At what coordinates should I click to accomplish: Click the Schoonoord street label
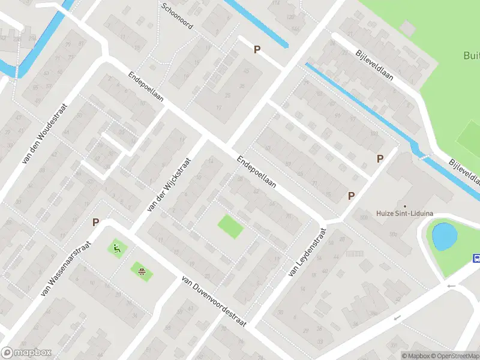(x=177, y=16)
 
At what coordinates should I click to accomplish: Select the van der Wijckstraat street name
(x=169, y=185)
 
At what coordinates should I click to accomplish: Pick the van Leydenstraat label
(x=307, y=252)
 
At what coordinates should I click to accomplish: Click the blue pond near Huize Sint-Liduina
(x=445, y=236)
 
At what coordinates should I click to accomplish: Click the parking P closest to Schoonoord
(x=257, y=50)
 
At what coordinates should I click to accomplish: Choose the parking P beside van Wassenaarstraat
(x=95, y=222)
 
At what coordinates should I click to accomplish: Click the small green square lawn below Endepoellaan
(x=230, y=226)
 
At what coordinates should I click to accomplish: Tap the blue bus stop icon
(x=476, y=259)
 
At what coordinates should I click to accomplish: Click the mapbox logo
(x=26, y=353)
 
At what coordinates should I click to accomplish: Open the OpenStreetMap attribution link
(x=454, y=356)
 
